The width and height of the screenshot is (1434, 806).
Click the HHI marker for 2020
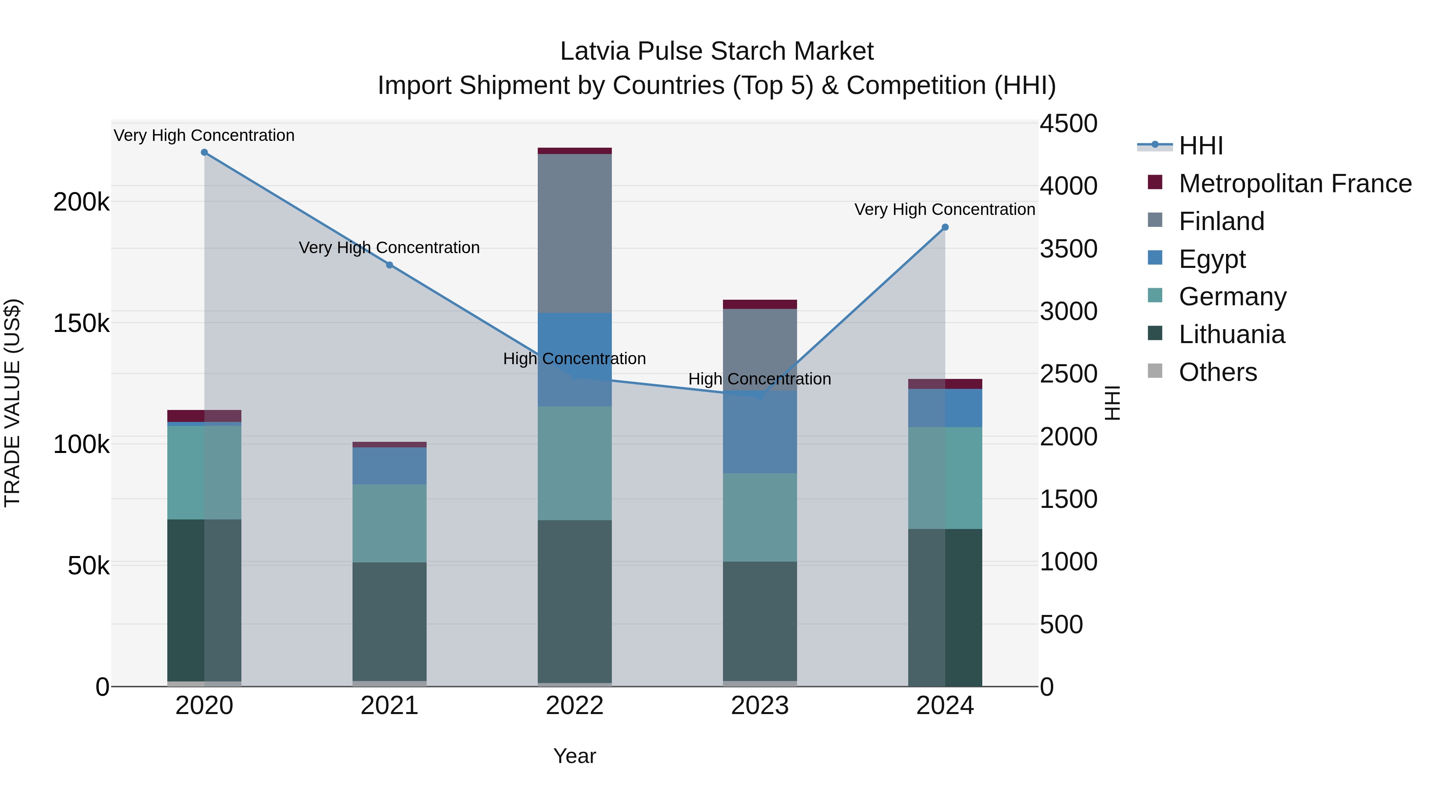point(204,152)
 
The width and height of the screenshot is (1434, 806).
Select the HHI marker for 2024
point(945,228)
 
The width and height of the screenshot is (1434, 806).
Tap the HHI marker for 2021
point(390,265)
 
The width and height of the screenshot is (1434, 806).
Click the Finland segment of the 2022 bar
point(574,234)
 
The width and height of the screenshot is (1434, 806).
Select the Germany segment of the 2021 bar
point(390,523)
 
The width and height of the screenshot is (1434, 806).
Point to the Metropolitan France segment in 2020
point(204,416)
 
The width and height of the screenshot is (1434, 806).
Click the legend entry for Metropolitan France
point(1295,183)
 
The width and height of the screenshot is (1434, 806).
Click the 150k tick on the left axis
point(81,323)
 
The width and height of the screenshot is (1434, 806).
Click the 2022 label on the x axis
point(574,706)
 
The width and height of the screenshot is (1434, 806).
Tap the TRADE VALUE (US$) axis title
point(12,403)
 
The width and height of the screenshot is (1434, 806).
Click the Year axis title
point(574,756)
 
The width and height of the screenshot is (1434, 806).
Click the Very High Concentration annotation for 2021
point(389,248)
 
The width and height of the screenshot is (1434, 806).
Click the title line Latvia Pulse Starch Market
point(717,51)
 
